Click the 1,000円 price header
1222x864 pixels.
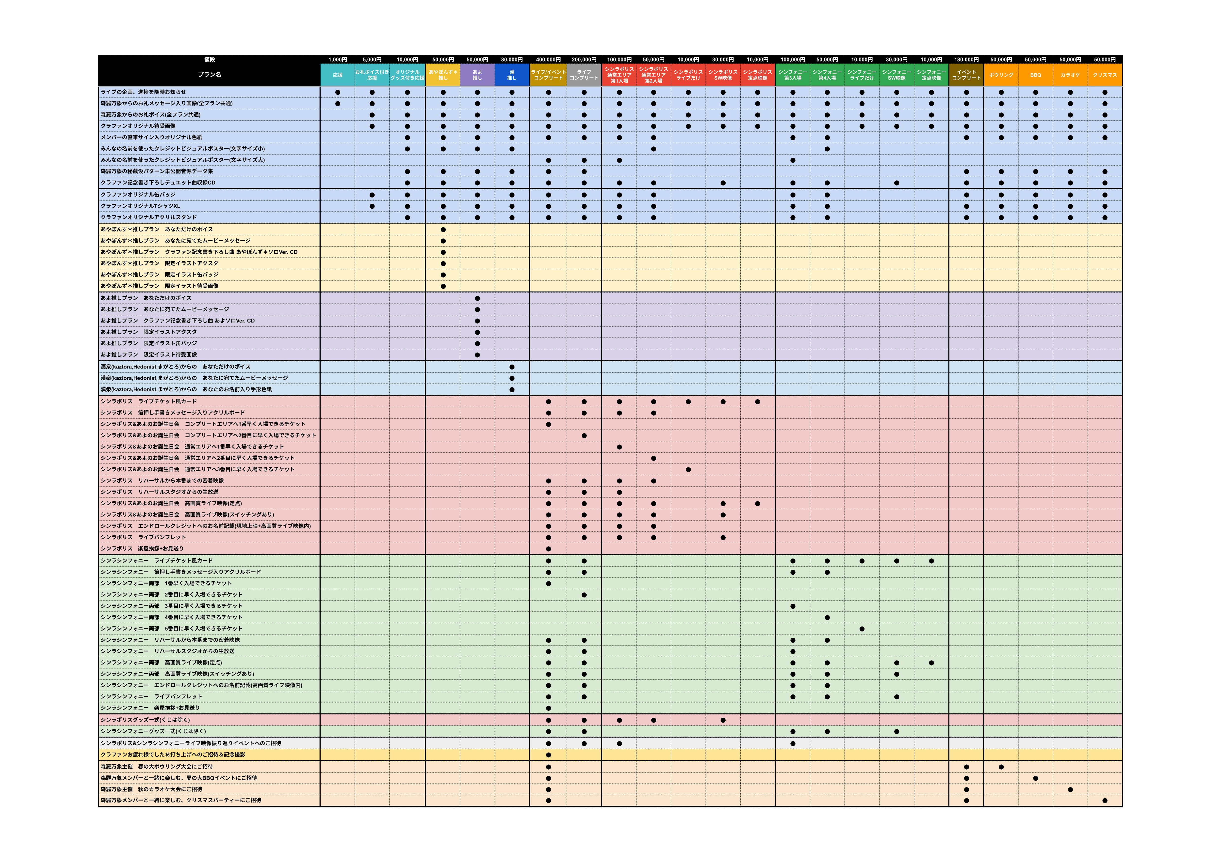[x=338, y=60]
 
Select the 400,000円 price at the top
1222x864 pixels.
[x=548, y=60]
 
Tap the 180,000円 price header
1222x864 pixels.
[x=966, y=60]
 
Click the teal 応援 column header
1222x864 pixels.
[x=338, y=75]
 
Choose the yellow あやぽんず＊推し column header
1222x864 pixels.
[x=442, y=75]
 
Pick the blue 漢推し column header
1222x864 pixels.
[x=512, y=75]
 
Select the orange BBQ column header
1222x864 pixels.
[x=1035, y=75]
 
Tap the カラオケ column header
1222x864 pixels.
[x=1070, y=75]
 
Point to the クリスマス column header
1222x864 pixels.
[x=1104, y=75]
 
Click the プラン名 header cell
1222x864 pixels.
[x=209, y=75]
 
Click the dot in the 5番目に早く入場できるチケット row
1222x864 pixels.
[x=862, y=629]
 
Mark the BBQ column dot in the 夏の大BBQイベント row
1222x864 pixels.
[x=1035, y=778]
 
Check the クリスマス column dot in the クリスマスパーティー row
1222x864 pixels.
[x=1104, y=801]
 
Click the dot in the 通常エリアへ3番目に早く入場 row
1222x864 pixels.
[x=688, y=470]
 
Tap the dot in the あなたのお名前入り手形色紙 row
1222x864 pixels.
[x=512, y=389]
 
